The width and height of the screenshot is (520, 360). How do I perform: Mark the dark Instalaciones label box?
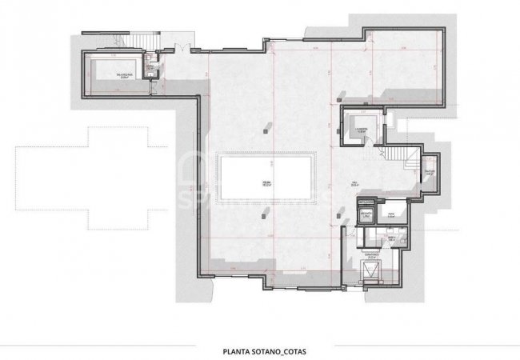click(x=366, y=202)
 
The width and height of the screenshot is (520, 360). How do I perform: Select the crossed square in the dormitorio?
click(x=370, y=270)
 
